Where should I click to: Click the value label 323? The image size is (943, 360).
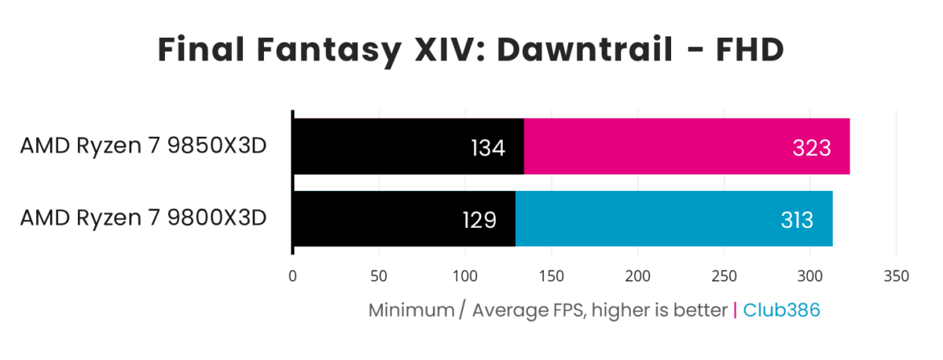[x=811, y=147]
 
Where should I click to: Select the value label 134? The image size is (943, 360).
[x=488, y=147]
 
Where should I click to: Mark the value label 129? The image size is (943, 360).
[x=479, y=219]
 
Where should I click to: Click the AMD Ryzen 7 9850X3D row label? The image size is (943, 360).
[x=144, y=146]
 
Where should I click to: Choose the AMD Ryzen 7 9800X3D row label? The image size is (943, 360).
[x=144, y=218]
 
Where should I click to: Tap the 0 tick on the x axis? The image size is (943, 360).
[x=293, y=277]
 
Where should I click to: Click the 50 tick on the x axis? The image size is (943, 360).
[x=379, y=277]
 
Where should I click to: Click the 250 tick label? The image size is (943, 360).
[x=724, y=277]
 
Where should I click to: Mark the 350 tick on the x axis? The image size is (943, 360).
[x=897, y=277]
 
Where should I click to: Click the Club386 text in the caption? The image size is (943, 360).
[x=781, y=310]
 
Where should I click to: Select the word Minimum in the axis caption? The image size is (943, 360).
[x=411, y=310]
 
